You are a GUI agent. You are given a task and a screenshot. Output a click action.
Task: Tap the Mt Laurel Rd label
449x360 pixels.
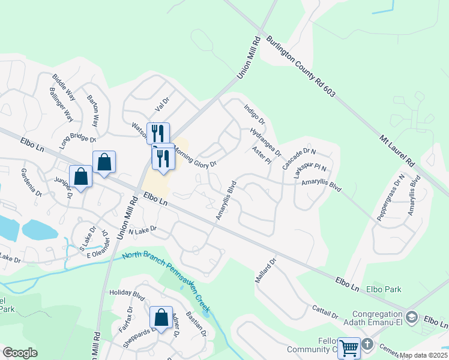(x=397, y=150)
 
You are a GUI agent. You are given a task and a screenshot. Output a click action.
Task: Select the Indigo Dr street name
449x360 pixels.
(x=255, y=115)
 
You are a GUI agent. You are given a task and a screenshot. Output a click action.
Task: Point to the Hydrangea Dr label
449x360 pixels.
(x=265, y=142)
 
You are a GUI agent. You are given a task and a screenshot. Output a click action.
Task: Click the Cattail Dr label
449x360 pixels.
(x=325, y=312)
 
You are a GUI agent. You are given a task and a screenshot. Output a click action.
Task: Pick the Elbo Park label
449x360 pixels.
(x=384, y=289)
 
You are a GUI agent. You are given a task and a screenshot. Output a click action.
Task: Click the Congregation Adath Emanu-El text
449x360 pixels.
(x=377, y=319)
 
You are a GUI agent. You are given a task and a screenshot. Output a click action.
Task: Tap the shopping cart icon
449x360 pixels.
(x=349, y=347)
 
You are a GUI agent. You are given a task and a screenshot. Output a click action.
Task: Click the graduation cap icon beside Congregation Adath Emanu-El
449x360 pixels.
(x=412, y=316)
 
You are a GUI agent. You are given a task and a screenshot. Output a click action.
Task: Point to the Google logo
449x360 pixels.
(x=20, y=352)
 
